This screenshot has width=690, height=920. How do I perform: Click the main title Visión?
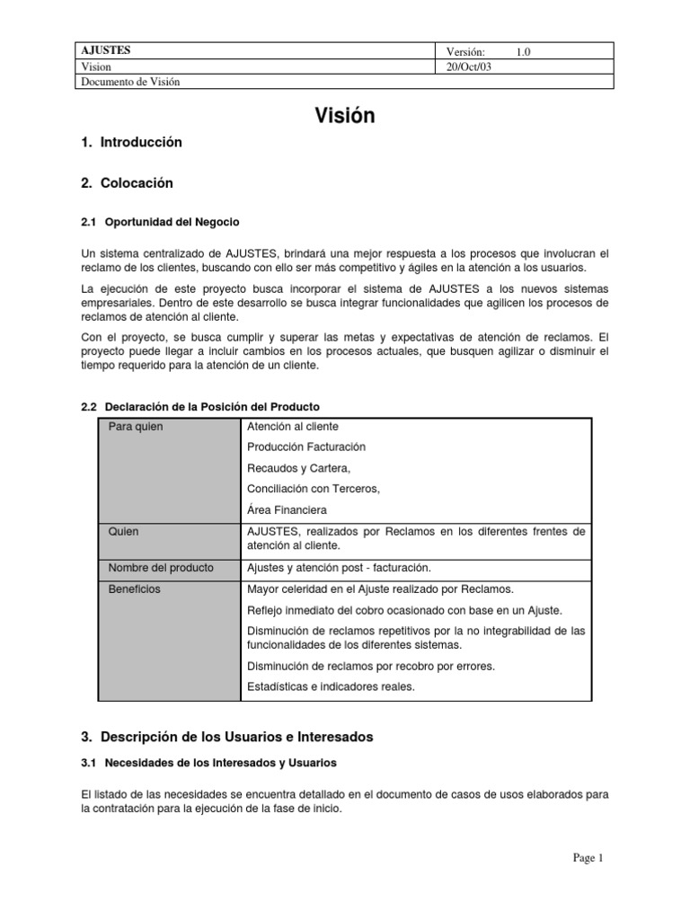pos(344,115)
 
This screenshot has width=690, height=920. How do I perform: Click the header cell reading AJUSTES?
pos(106,51)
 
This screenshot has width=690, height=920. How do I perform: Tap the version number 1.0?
pos(523,52)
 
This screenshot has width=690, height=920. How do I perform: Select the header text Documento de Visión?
pos(131,82)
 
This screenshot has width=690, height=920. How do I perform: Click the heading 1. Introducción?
pos(131,142)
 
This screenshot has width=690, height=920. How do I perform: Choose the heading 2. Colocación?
pos(127,183)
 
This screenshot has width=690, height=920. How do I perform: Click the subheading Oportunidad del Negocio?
pos(172,221)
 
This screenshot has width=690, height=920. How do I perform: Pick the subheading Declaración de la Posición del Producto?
pos(212,407)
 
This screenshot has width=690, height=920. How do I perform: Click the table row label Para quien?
pos(136,427)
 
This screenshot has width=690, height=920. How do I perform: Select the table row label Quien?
pos(124,532)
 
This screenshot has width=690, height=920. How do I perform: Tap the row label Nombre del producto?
pos(161,568)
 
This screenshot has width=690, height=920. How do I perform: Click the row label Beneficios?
pos(135,589)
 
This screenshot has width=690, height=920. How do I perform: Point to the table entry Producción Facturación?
pos(306,447)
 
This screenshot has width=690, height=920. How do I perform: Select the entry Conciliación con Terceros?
pos(314,489)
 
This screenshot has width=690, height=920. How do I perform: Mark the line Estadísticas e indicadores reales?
pos(331,687)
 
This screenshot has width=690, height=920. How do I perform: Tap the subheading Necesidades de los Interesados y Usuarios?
pos(220,763)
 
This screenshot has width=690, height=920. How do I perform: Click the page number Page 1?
pos(588,858)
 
